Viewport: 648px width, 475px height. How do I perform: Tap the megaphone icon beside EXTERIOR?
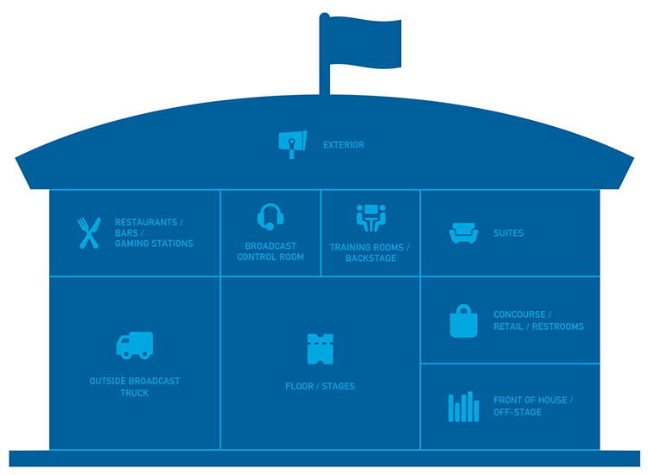[x=292, y=144]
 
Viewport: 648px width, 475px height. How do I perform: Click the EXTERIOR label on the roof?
[x=344, y=145]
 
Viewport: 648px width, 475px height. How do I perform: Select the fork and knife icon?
[x=88, y=232]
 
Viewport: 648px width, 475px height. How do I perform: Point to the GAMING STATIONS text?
[x=154, y=244]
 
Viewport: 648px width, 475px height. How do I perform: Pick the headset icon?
[x=270, y=216]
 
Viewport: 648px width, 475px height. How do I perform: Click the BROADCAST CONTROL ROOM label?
[x=270, y=251]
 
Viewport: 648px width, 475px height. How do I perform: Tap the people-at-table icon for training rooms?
[x=370, y=218]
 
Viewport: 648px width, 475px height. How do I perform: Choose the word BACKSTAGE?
[x=370, y=258]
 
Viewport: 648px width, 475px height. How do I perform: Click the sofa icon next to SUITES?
[x=463, y=233]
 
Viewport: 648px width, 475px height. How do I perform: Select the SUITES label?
[x=509, y=233]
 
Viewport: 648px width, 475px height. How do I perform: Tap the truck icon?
[x=134, y=345]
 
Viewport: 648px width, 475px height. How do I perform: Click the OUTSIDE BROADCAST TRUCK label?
[x=135, y=387]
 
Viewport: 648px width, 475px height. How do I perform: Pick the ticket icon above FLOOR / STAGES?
[x=320, y=348]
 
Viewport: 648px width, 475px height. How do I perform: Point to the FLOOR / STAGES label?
[x=320, y=386]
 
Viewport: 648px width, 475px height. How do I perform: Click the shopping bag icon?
[x=463, y=320]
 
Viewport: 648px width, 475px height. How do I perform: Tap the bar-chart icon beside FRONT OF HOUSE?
[x=463, y=407]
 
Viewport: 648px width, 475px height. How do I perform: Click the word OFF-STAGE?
[x=518, y=413]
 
